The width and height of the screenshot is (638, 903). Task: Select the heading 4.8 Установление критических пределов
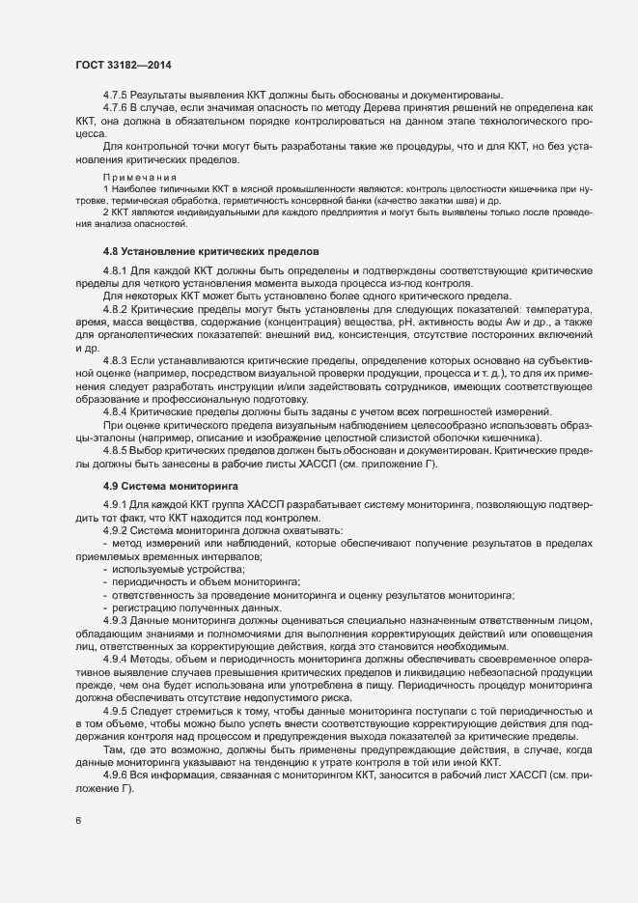211,251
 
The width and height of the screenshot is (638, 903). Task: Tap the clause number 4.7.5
115,95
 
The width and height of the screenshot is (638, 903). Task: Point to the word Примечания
139,178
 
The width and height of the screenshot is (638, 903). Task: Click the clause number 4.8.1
115,270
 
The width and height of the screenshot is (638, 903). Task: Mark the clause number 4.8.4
115,410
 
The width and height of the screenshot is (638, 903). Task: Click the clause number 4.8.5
115,449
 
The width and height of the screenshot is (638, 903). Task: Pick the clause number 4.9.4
115,658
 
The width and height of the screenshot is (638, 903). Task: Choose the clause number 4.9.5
115,709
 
